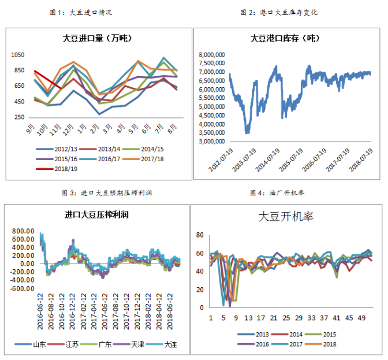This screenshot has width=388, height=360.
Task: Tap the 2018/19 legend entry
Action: point(57,169)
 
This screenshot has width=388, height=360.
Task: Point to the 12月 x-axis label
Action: point(68,128)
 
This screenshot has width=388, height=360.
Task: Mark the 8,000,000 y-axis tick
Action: point(211,54)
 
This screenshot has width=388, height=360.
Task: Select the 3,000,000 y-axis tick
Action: point(211,141)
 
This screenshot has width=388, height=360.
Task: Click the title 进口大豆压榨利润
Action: point(97,215)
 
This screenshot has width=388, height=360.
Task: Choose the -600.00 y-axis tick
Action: point(23,288)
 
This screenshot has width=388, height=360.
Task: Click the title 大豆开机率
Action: point(285,217)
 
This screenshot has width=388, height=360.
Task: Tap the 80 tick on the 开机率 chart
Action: point(201,235)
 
